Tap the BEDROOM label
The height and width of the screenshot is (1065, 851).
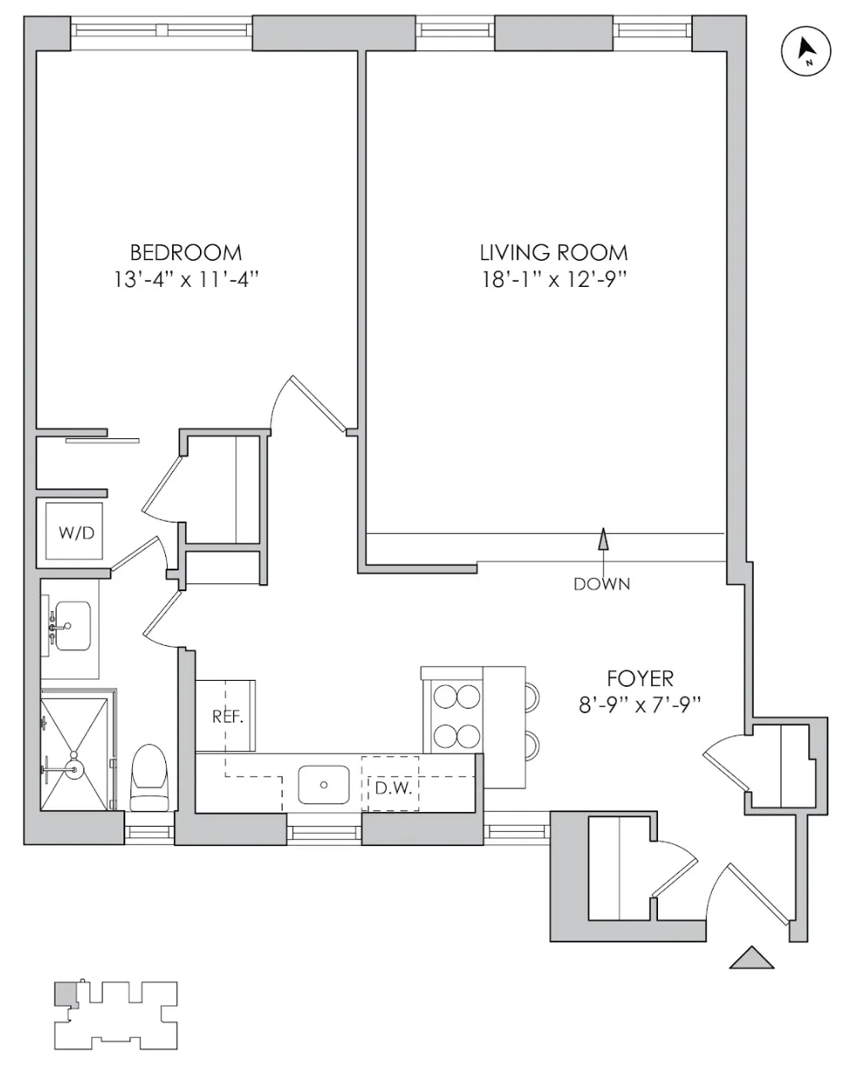(185, 253)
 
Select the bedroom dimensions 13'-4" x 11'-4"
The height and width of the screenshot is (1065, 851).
(185, 281)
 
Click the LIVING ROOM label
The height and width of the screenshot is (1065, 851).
(554, 253)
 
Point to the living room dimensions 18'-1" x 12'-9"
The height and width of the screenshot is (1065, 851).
(554, 281)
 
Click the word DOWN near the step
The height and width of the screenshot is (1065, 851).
(602, 584)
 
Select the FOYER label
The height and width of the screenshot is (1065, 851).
(641, 678)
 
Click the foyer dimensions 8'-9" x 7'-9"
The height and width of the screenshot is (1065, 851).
(641, 705)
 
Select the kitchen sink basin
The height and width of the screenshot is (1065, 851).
(323, 784)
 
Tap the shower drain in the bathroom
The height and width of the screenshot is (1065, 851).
(76, 769)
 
